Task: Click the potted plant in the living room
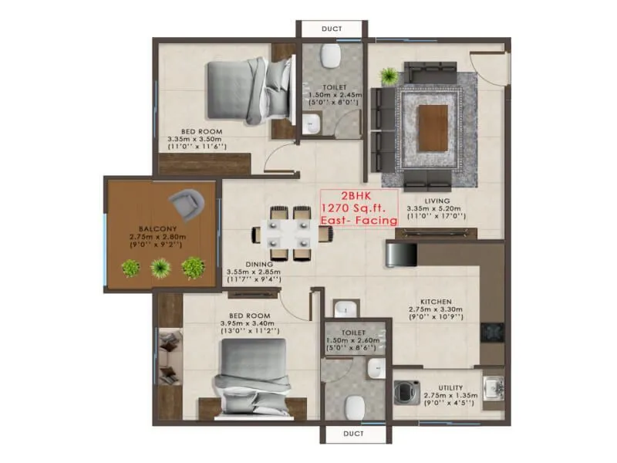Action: pos(389,76)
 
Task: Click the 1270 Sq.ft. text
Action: pos(358,208)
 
